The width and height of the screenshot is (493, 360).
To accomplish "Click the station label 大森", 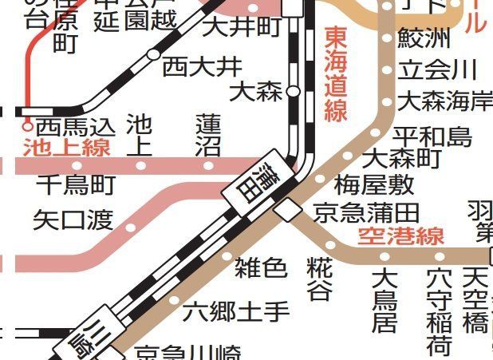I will click(255, 92).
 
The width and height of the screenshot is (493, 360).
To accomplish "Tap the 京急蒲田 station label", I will click(366, 212).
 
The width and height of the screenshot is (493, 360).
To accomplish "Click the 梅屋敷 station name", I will click(373, 185).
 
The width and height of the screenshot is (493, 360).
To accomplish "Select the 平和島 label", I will click(432, 136).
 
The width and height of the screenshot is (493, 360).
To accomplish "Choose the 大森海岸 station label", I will click(444, 101).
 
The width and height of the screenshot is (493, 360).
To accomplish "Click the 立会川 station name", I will click(437, 69).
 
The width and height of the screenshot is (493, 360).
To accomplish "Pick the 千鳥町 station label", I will click(76, 185).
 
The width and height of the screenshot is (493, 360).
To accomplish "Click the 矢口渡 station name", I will click(73, 220).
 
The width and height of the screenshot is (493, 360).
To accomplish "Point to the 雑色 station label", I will click(260, 267).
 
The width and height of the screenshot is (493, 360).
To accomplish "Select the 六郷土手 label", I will click(237, 311).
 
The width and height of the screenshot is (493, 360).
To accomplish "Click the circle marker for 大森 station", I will click(293, 92).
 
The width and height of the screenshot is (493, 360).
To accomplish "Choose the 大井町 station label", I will click(243, 28).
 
